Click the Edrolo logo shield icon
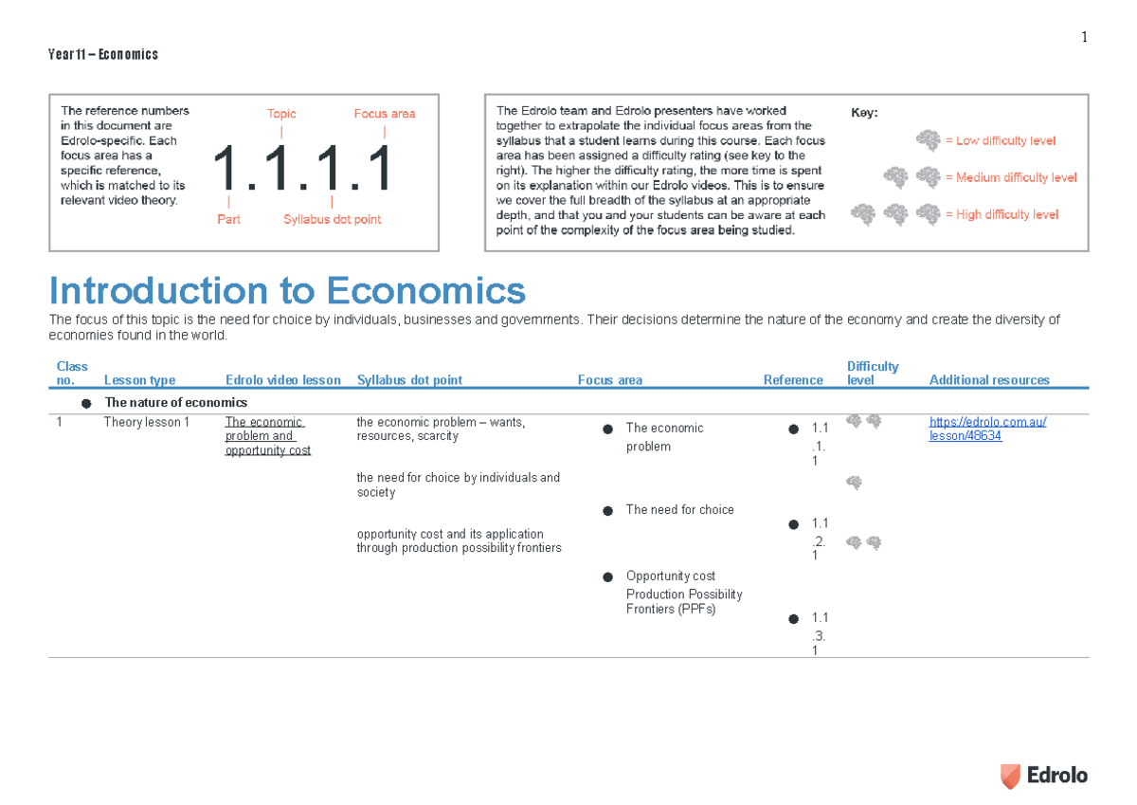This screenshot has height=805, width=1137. point(1011,776)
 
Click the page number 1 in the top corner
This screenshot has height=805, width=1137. point(1084,38)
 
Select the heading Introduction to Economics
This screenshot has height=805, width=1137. point(287,290)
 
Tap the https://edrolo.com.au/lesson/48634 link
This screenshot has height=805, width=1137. point(988,430)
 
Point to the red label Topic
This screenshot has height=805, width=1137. point(281,114)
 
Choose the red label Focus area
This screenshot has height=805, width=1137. point(385,114)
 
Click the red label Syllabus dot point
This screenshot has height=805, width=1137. point(333,219)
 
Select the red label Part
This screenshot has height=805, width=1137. point(228,219)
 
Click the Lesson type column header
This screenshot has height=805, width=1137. point(139,380)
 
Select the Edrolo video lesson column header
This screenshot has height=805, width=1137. point(283,380)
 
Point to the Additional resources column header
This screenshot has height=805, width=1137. point(989,380)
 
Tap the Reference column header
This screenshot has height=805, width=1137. point(793,380)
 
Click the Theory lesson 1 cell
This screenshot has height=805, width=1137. point(147,423)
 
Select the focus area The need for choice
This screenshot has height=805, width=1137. point(679,510)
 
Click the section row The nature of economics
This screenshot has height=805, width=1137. point(175,403)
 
